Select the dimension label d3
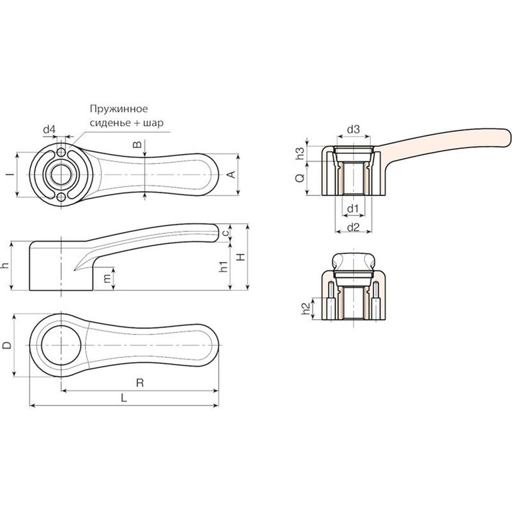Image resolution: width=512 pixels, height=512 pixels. click(x=353, y=129)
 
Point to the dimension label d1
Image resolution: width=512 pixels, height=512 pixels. click(x=353, y=209)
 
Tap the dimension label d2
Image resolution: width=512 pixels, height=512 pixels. click(x=353, y=228)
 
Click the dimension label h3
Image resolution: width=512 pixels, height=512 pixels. click(x=300, y=151)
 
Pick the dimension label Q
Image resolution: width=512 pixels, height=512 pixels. click(x=299, y=177)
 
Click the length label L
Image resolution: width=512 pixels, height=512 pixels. click(x=125, y=397)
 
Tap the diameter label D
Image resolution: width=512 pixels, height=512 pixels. click(x=7, y=345)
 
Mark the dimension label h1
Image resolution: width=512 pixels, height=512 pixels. click(x=225, y=267)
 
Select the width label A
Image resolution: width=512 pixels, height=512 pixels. click(x=231, y=175)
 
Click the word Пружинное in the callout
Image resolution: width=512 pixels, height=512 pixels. click(x=117, y=109)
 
